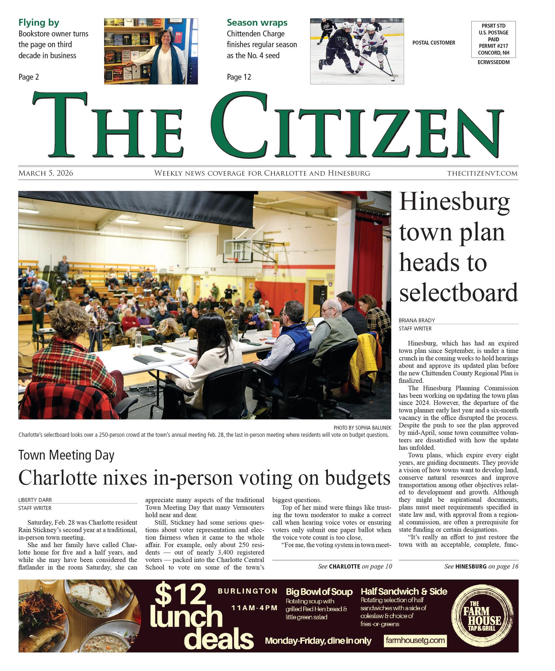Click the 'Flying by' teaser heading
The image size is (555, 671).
(x=39, y=23)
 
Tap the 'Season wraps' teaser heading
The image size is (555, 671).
(x=257, y=23)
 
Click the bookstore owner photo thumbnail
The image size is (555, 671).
(x=151, y=51)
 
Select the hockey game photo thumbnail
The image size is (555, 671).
(x=357, y=51)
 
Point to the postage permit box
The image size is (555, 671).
(x=493, y=39)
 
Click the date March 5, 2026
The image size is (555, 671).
(x=46, y=173)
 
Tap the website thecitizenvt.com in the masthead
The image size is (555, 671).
(x=482, y=173)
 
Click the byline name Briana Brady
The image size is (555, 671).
(x=417, y=320)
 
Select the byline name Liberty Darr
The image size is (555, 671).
(x=35, y=500)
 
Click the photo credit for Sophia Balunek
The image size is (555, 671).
(x=362, y=427)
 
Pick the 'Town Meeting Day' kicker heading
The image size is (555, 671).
(x=66, y=455)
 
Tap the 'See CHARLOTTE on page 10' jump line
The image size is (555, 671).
(x=355, y=566)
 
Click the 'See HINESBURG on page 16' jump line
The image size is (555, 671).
(x=481, y=566)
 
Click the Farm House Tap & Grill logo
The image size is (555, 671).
(x=482, y=616)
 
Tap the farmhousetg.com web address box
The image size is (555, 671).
(x=415, y=641)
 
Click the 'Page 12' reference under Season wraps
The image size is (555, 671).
(x=239, y=77)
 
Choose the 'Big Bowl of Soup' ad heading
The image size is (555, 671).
(x=319, y=592)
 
